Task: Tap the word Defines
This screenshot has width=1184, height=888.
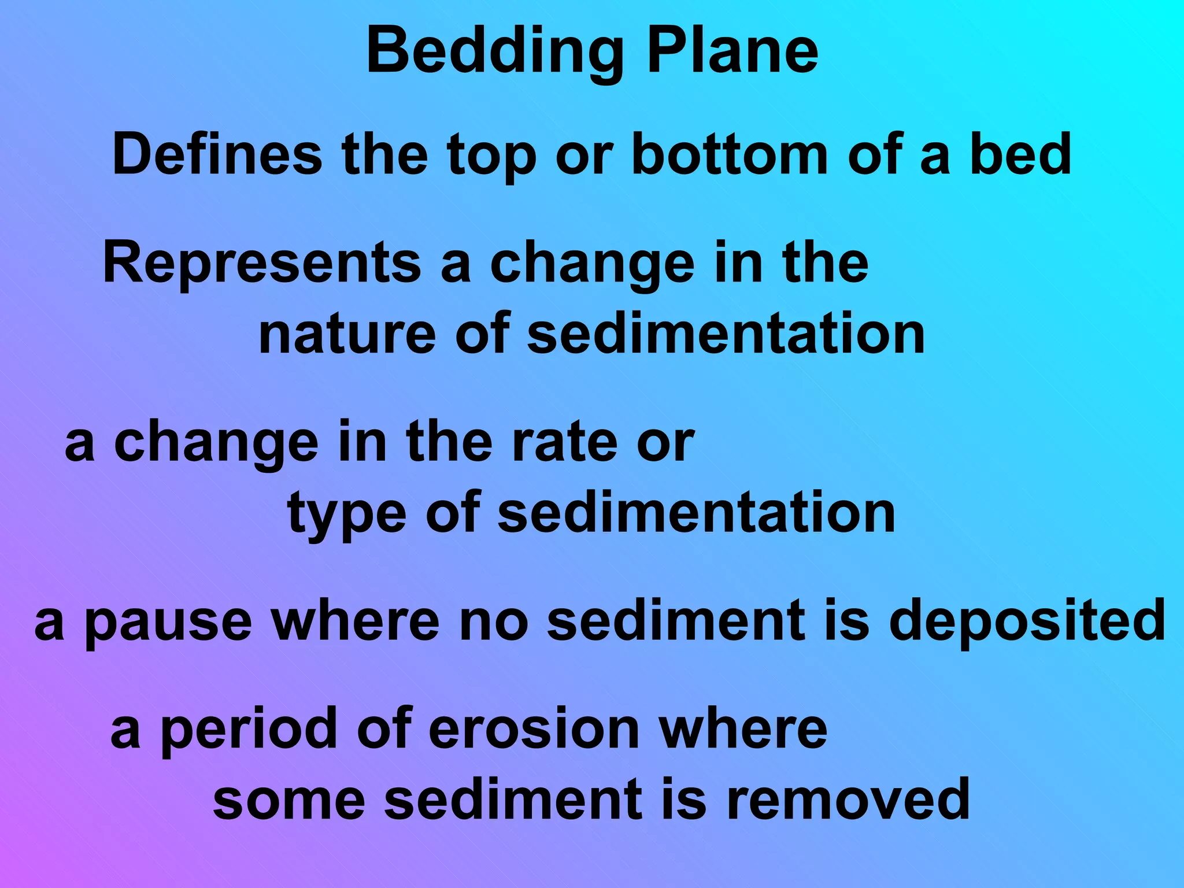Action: click(217, 154)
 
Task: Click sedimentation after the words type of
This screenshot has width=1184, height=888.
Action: click(697, 513)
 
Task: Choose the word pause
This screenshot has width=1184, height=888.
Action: click(168, 621)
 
